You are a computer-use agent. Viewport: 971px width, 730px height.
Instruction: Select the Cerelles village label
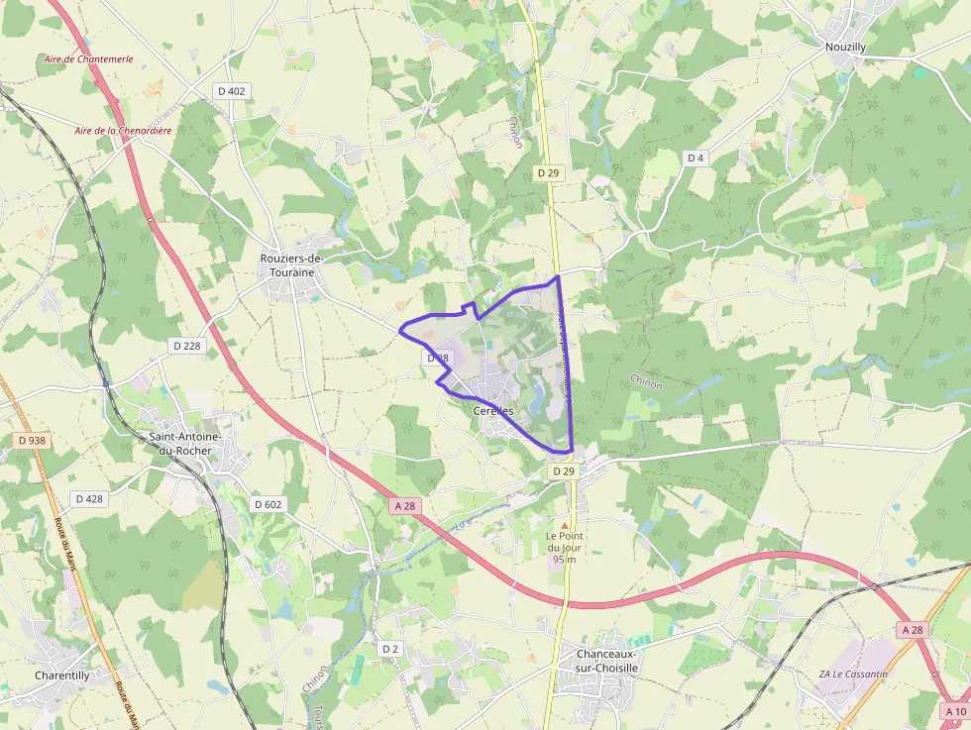tap(492, 411)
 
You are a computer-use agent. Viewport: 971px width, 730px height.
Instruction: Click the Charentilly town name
tap(62, 676)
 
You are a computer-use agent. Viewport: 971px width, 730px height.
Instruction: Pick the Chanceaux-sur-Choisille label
tap(607, 661)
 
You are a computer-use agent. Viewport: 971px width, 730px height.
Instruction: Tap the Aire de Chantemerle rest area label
tap(88, 59)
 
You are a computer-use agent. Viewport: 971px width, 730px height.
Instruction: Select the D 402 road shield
tap(230, 91)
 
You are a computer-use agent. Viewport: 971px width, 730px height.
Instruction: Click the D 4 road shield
tap(696, 158)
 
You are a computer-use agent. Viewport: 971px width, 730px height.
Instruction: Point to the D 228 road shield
tap(186, 346)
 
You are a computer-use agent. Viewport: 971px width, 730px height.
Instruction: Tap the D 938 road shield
tap(33, 440)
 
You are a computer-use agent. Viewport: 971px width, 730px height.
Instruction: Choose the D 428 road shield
tap(89, 498)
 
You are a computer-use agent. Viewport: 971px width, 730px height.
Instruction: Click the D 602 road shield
tap(268, 504)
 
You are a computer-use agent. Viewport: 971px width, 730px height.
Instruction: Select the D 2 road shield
tap(389, 649)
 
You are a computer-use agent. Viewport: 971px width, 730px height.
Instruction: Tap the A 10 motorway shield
tap(955, 711)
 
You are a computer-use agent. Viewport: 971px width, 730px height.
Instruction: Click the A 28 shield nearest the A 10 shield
tap(913, 630)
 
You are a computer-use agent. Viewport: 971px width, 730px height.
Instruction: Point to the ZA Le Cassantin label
tap(853, 675)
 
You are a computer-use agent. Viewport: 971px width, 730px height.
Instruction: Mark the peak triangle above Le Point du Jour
tap(565, 526)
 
